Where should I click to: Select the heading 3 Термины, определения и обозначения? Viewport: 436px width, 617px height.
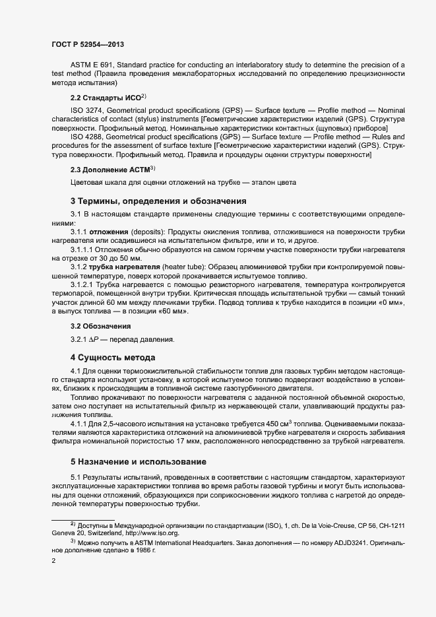pos(158,201)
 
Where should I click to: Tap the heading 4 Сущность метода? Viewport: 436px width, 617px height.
pos(113,358)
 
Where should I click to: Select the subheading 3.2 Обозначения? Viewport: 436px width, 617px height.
pos(101,326)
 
